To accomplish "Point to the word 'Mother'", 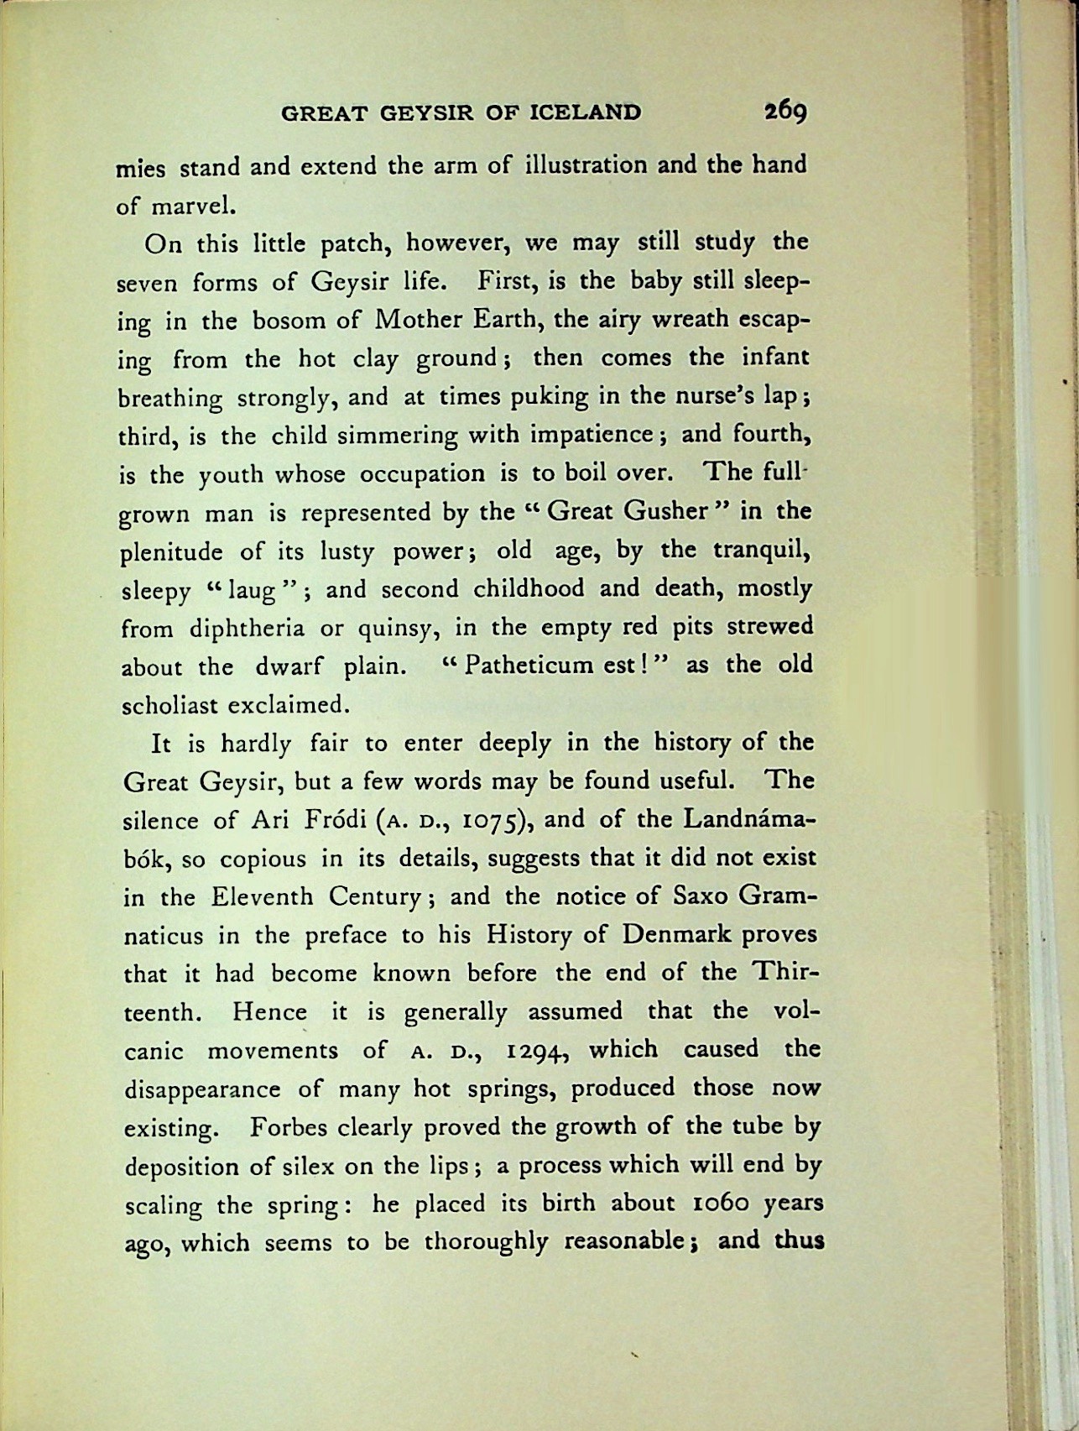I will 423,321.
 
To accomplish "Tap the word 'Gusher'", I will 667,511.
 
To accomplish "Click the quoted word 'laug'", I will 253,591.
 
